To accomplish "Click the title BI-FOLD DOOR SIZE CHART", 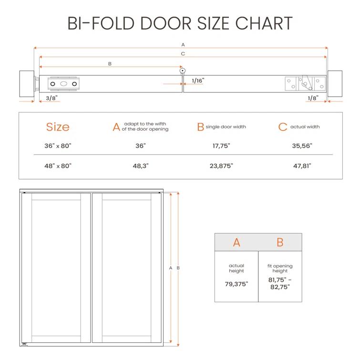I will tap(180, 23).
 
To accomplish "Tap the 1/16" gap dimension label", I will tap(198, 81).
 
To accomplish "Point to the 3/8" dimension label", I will tap(51, 98).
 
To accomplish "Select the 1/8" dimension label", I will tap(312, 98).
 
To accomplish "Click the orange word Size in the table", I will tap(58, 127).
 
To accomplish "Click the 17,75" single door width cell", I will tap(222, 146).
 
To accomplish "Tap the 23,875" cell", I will tap(222, 166).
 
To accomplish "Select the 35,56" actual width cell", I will tap(302, 146).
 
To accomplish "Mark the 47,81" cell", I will tap(302, 166).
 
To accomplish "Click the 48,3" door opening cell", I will tap(140, 166).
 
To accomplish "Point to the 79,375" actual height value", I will tap(237, 284).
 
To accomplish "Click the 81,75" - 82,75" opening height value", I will tap(280, 284).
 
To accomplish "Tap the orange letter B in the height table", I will tap(280, 242).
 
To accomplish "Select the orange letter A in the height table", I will tap(237, 242).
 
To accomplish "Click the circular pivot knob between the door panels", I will tap(183, 71).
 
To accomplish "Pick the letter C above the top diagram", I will tap(183, 54).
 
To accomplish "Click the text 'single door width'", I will tap(226, 127).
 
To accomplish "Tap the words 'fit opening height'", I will tap(280, 268).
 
